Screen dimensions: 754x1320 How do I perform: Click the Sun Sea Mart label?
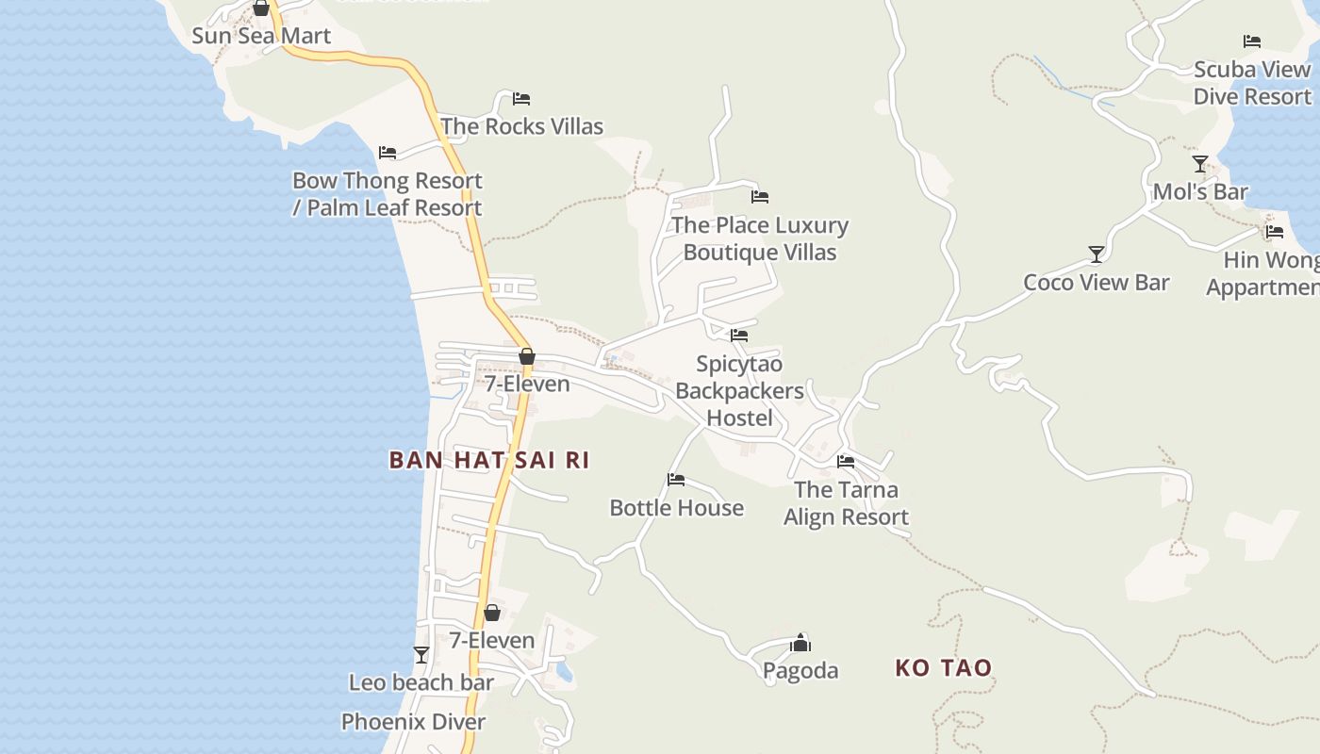pyautogui.click(x=261, y=36)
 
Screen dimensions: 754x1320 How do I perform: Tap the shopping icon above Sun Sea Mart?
pyautogui.click(x=261, y=8)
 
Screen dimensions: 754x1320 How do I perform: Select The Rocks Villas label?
pyautogui.click(x=521, y=126)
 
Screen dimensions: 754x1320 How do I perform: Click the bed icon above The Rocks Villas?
pyautogui.click(x=521, y=99)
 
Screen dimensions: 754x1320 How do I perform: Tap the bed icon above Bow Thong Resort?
pyautogui.click(x=387, y=153)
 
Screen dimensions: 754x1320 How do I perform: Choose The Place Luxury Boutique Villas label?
pyautogui.click(x=760, y=238)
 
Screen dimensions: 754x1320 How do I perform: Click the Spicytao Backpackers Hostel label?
pyautogui.click(x=739, y=391)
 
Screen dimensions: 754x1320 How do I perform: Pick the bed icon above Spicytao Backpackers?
pyautogui.click(x=739, y=336)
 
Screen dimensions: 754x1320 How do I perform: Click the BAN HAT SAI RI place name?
pyautogui.click(x=489, y=460)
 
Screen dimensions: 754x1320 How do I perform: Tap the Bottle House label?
pyautogui.click(x=676, y=508)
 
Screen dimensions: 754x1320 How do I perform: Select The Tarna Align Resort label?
pyautogui.click(x=846, y=503)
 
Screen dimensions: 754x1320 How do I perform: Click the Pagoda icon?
pyautogui.click(x=800, y=644)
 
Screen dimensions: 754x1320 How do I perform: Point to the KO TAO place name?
pyautogui.click(x=943, y=668)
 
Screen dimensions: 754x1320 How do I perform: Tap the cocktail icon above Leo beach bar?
pyautogui.click(x=421, y=655)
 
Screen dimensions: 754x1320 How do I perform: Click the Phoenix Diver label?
pyautogui.click(x=413, y=722)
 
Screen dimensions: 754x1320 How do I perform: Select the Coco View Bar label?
pyautogui.click(x=1097, y=283)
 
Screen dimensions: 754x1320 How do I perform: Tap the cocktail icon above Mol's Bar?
pyautogui.click(x=1199, y=165)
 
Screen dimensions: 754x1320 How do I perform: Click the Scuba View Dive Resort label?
pyautogui.click(x=1252, y=83)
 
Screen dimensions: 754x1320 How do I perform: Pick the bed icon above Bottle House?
pyautogui.click(x=676, y=480)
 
